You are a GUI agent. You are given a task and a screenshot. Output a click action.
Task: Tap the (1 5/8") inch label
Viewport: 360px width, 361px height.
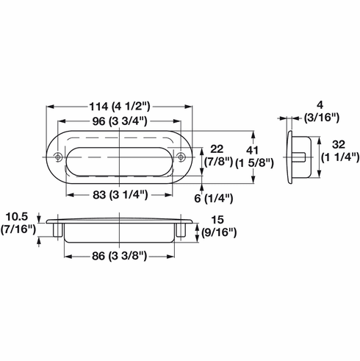coord(256,162)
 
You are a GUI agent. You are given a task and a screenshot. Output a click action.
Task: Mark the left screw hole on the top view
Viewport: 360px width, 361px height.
coord(59,156)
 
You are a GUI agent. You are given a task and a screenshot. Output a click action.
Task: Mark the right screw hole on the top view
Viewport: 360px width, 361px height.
coord(181,156)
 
